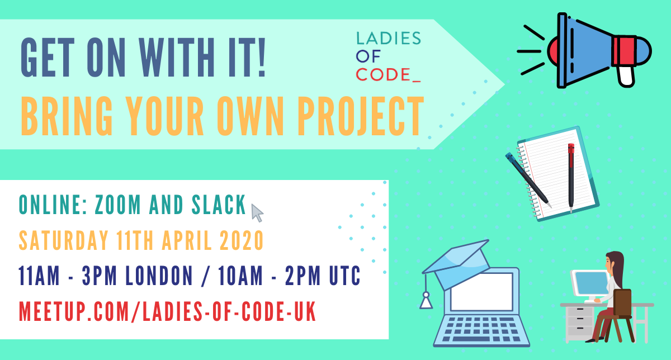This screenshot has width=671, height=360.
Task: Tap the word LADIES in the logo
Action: tap(389, 38)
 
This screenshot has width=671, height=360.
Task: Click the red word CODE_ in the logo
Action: tap(388, 74)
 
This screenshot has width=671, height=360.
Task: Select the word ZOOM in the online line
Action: tap(118, 205)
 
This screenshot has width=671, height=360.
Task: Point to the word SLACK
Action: tap(219, 205)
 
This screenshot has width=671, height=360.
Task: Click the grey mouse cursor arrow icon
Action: tap(257, 213)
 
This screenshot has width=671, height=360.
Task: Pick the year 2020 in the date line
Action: tap(242, 240)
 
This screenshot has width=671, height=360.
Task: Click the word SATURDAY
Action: tap(63, 240)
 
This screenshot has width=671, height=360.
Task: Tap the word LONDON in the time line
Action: tap(159, 276)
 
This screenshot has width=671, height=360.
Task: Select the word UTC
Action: tap(345, 276)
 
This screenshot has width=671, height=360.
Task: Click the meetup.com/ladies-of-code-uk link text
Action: tap(167, 311)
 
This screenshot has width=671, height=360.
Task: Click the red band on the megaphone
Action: tap(625, 51)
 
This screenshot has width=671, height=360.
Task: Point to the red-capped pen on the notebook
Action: tap(571, 178)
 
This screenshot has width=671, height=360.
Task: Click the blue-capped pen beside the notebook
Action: tap(528, 179)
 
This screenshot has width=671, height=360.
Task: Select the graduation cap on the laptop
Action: tap(458, 263)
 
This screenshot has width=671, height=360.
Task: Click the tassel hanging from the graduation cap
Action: tap(426, 300)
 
